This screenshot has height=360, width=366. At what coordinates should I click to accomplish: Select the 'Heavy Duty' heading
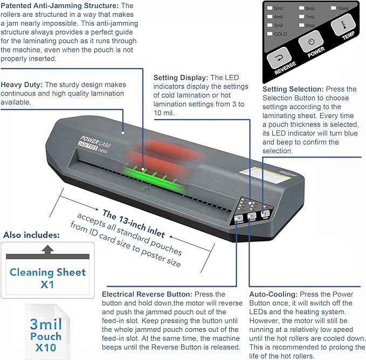[21, 85]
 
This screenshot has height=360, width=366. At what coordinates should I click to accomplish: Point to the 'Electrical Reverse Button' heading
[144, 295]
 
